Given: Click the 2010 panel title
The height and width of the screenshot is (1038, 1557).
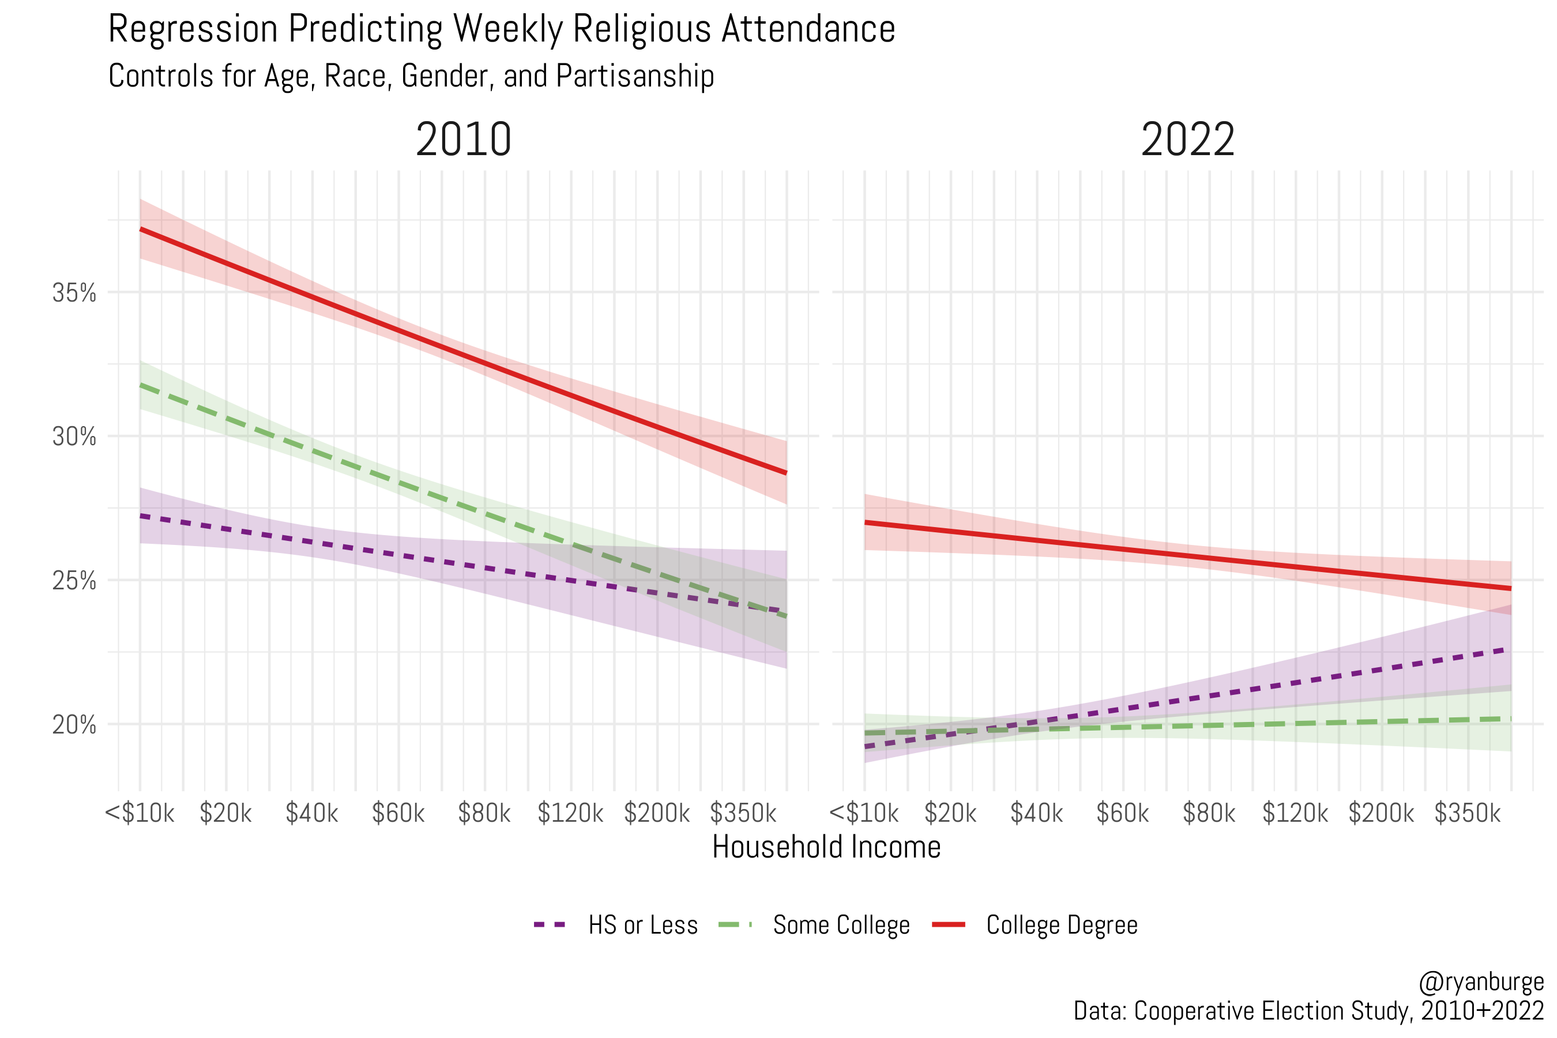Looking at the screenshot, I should click(x=464, y=140).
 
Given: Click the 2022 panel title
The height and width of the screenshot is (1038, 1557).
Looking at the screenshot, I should click(x=1187, y=140).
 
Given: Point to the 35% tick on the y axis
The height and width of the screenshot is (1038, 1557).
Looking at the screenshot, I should click(x=74, y=292).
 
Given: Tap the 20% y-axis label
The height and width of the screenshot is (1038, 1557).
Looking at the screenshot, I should click(x=74, y=725).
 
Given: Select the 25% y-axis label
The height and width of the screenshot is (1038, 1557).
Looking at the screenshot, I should click(x=74, y=581).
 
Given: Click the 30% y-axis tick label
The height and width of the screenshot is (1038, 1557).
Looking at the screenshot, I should click(x=74, y=437).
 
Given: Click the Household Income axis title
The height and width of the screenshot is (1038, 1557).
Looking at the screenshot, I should click(x=826, y=847).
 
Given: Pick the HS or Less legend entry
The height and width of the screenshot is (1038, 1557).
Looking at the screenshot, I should click(x=642, y=925).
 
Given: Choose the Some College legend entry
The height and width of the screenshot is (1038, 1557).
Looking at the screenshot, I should click(x=841, y=925).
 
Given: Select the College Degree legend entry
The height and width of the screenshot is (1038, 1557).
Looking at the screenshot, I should click(x=1061, y=925).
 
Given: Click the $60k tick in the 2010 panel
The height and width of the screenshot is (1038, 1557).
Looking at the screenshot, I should click(x=398, y=813).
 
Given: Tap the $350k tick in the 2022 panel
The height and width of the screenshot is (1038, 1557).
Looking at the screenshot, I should click(x=1467, y=813).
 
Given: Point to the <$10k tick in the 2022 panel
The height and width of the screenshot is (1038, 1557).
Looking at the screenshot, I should click(x=864, y=813).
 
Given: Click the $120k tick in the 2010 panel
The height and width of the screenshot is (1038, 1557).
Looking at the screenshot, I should click(x=570, y=813).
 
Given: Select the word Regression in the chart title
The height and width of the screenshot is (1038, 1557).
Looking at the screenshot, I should click(x=193, y=30).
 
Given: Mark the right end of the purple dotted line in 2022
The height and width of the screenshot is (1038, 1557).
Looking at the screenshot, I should click(x=1509, y=649).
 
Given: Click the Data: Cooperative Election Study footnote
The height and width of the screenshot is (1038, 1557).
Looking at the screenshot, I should click(x=1308, y=1011).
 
